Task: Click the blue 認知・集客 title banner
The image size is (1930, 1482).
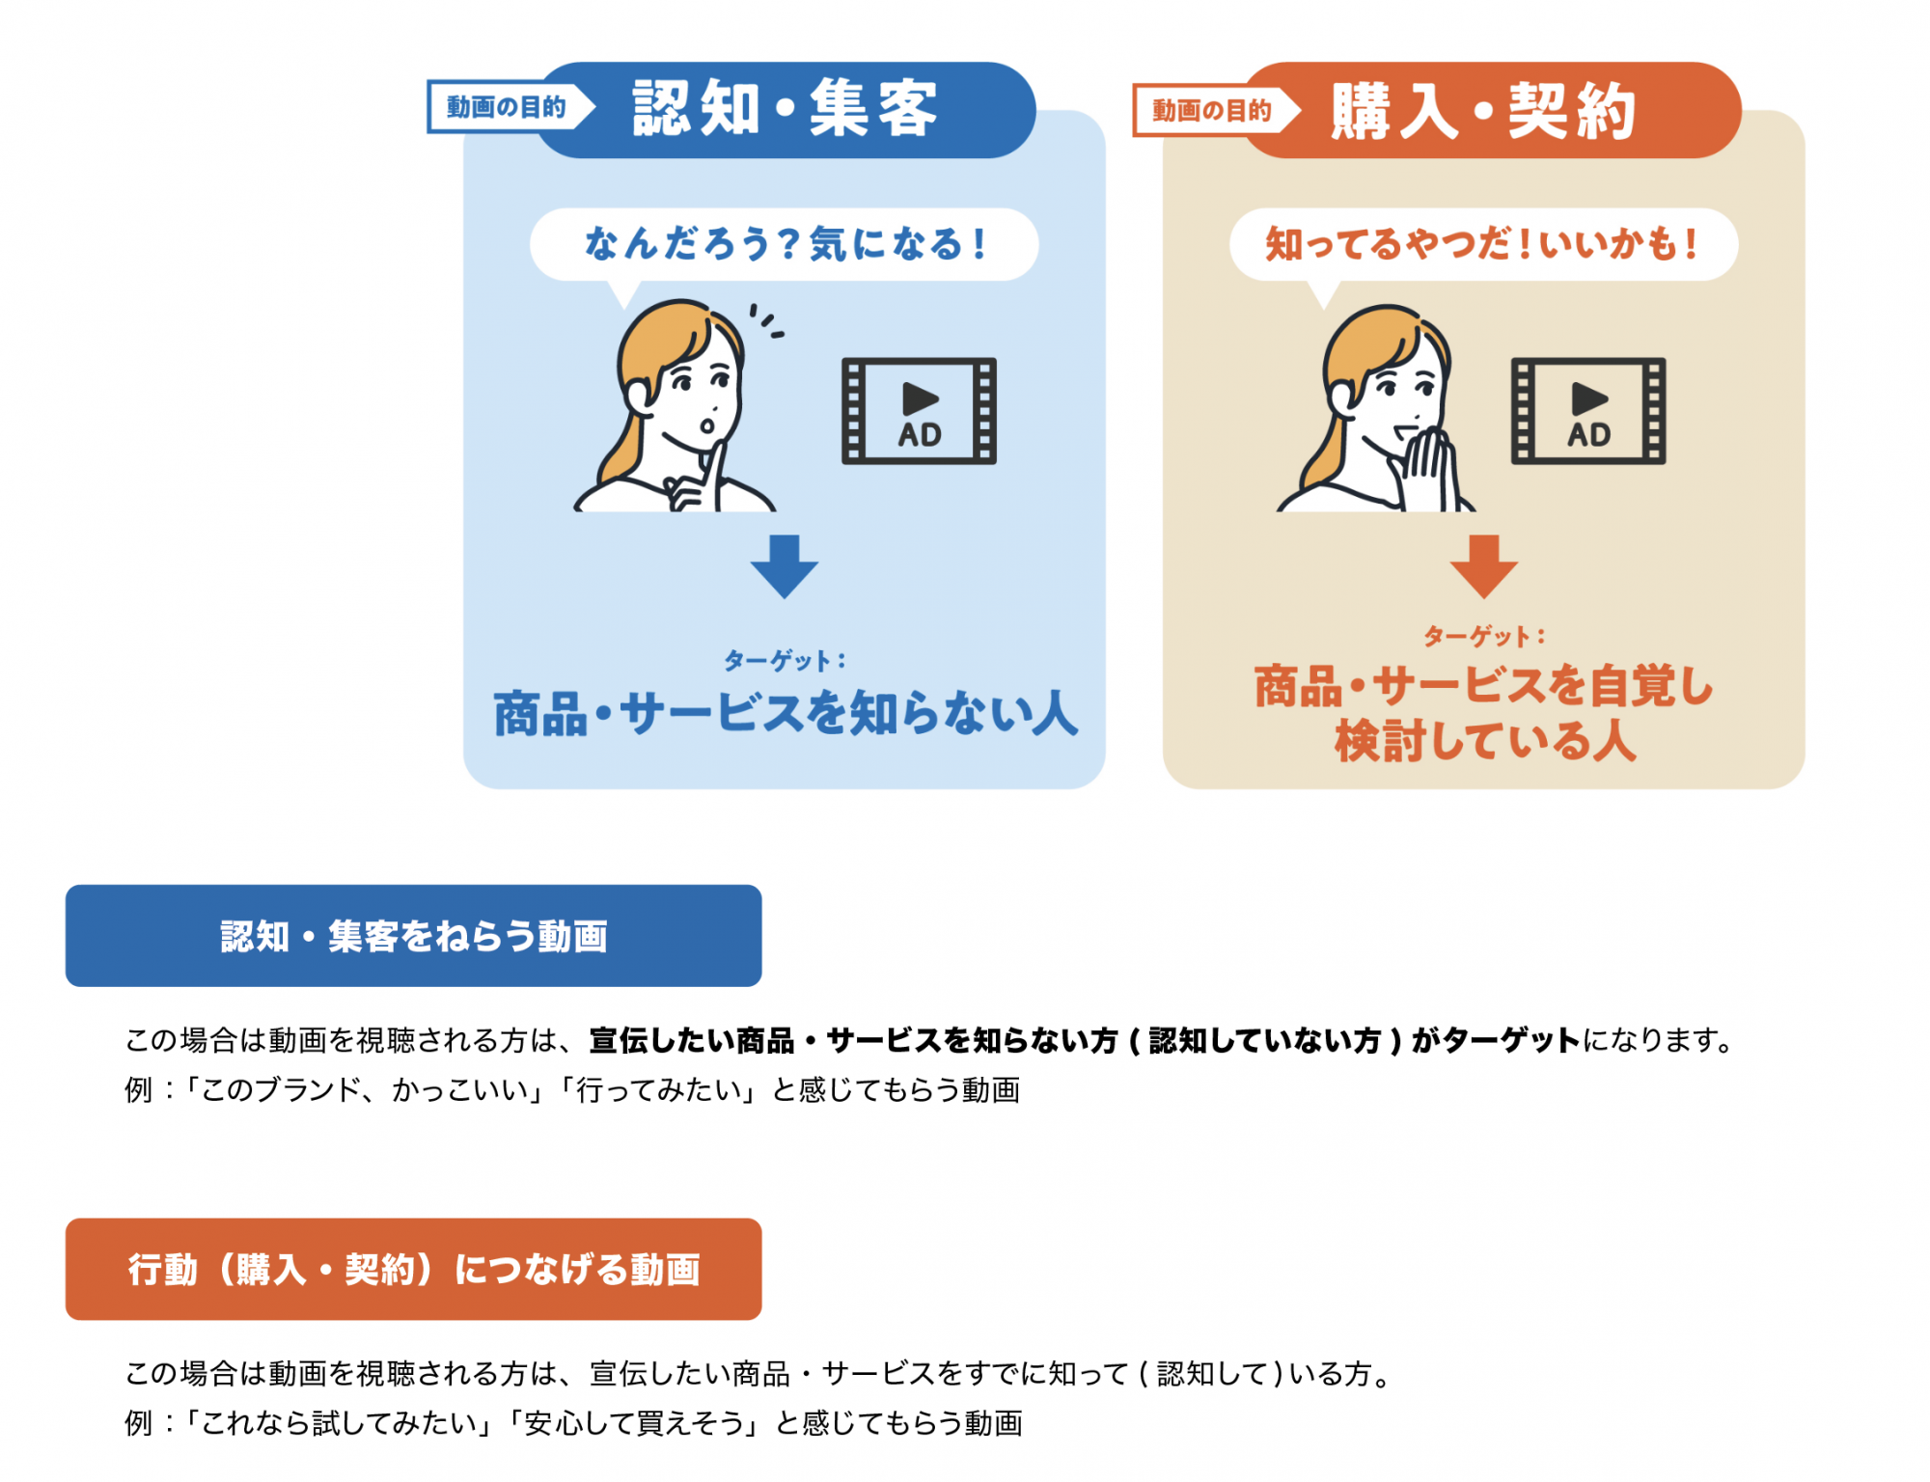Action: [x=786, y=110]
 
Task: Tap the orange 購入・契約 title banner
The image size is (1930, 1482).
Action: [x=1491, y=110]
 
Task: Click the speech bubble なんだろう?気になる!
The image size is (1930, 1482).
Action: [x=785, y=244]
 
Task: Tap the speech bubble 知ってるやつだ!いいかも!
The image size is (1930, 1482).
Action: [x=1483, y=244]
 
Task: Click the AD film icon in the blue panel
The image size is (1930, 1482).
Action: [x=919, y=411]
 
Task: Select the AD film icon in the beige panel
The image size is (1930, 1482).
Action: [x=1588, y=411]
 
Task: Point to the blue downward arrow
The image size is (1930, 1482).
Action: [x=785, y=566]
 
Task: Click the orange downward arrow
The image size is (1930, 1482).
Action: [x=1484, y=566]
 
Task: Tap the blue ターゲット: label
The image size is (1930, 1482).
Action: [x=785, y=661]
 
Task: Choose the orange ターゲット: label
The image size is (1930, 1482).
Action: [x=1484, y=637]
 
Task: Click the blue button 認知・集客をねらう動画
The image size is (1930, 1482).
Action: [x=414, y=936]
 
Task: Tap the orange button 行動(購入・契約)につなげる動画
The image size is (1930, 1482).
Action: [x=414, y=1269]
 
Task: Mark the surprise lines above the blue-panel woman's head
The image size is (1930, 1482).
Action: [x=768, y=321]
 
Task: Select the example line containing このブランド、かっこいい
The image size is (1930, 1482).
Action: [x=572, y=1090]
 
